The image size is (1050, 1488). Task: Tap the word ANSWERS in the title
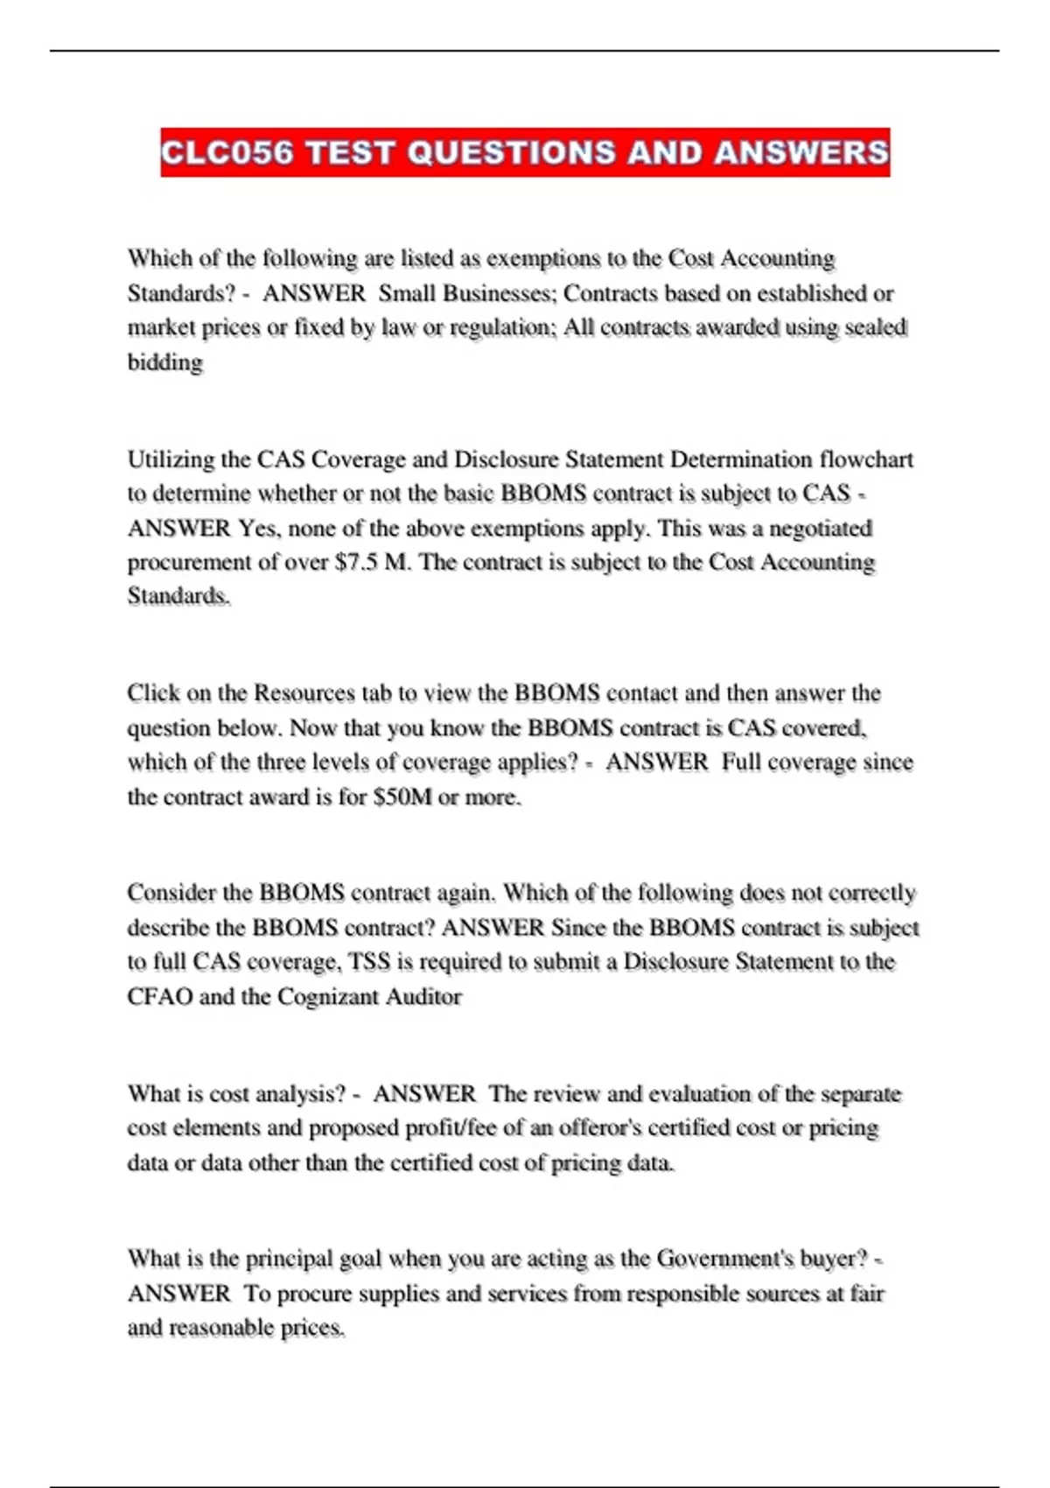coord(801,152)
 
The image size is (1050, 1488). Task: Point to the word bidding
coord(165,362)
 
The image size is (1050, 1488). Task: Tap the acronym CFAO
coord(159,997)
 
